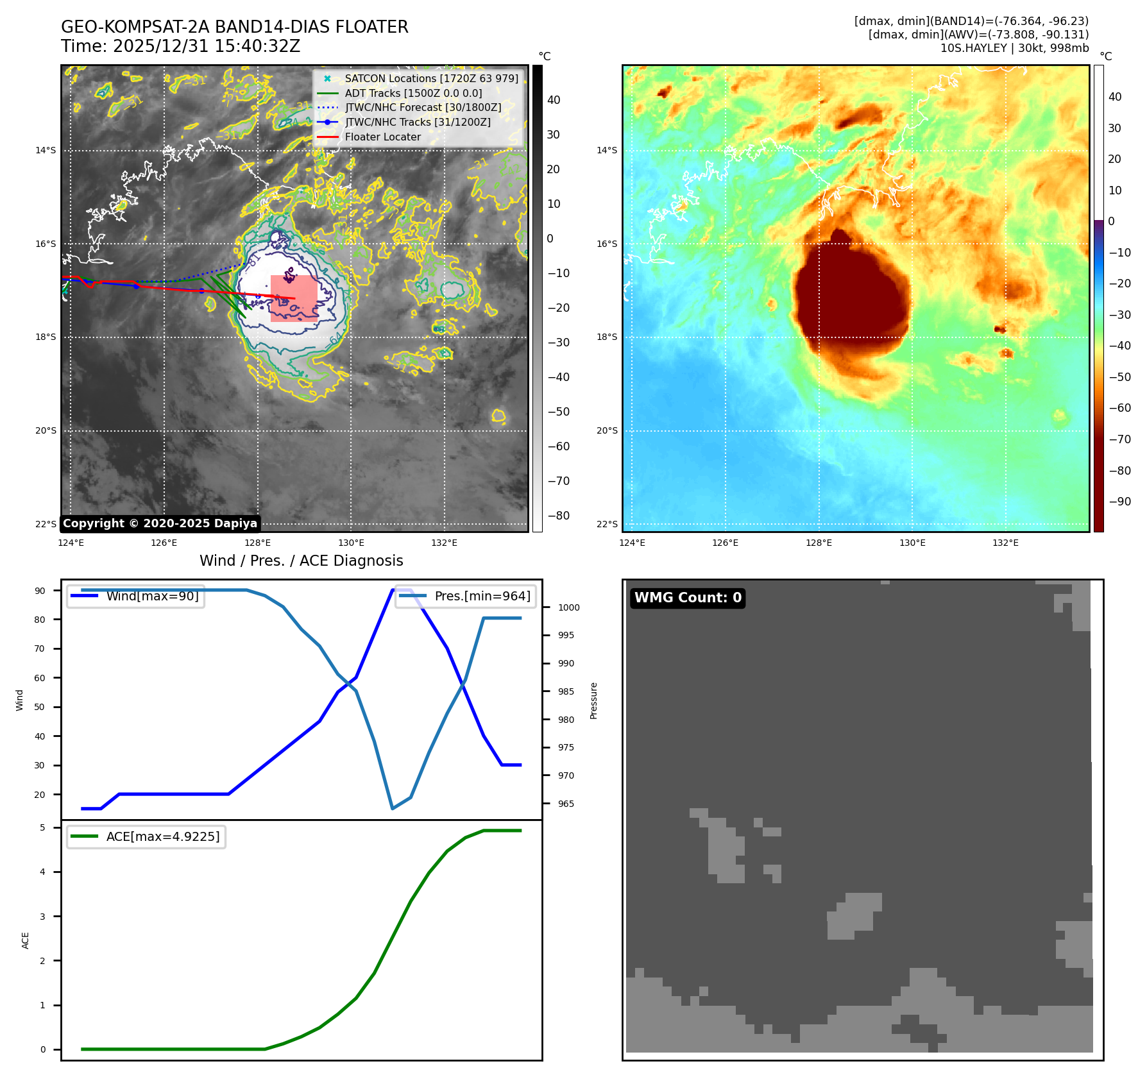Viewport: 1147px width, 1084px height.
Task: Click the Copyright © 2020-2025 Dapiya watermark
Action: (x=160, y=523)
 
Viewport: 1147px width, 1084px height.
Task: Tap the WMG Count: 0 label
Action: (x=688, y=598)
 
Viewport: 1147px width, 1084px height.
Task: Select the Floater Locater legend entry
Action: (x=383, y=137)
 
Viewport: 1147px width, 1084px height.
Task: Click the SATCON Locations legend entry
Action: (x=431, y=78)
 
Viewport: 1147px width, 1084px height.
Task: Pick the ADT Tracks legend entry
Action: (x=413, y=93)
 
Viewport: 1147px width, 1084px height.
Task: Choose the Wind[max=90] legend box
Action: (x=136, y=596)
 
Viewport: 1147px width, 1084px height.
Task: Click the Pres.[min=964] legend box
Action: (x=466, y=596)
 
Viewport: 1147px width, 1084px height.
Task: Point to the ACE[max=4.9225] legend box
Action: (x=146, y=836)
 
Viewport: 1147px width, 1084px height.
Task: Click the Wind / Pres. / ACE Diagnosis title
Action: (x=302, y=561)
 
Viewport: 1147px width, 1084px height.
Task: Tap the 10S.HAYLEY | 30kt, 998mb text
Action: (x=1014, y=48)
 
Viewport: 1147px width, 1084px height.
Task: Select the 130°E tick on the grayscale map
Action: (x=351, y=543)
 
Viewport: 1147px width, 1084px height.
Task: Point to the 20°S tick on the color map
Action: (x=607, y=430)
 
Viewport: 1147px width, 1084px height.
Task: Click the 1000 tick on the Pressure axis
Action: (x=568, y=607)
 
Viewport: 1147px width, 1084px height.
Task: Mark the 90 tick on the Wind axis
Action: (x=40, y=591)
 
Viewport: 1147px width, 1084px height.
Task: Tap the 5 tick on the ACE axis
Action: (x=43, y=827)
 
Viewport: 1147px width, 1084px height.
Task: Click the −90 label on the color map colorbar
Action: (x=1119, y=502)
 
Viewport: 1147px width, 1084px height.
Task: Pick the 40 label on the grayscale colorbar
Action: (x=554, y=100)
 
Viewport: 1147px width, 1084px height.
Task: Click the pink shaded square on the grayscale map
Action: (x=294, y=298)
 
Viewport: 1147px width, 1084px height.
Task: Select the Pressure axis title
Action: (x=593, y=700)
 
